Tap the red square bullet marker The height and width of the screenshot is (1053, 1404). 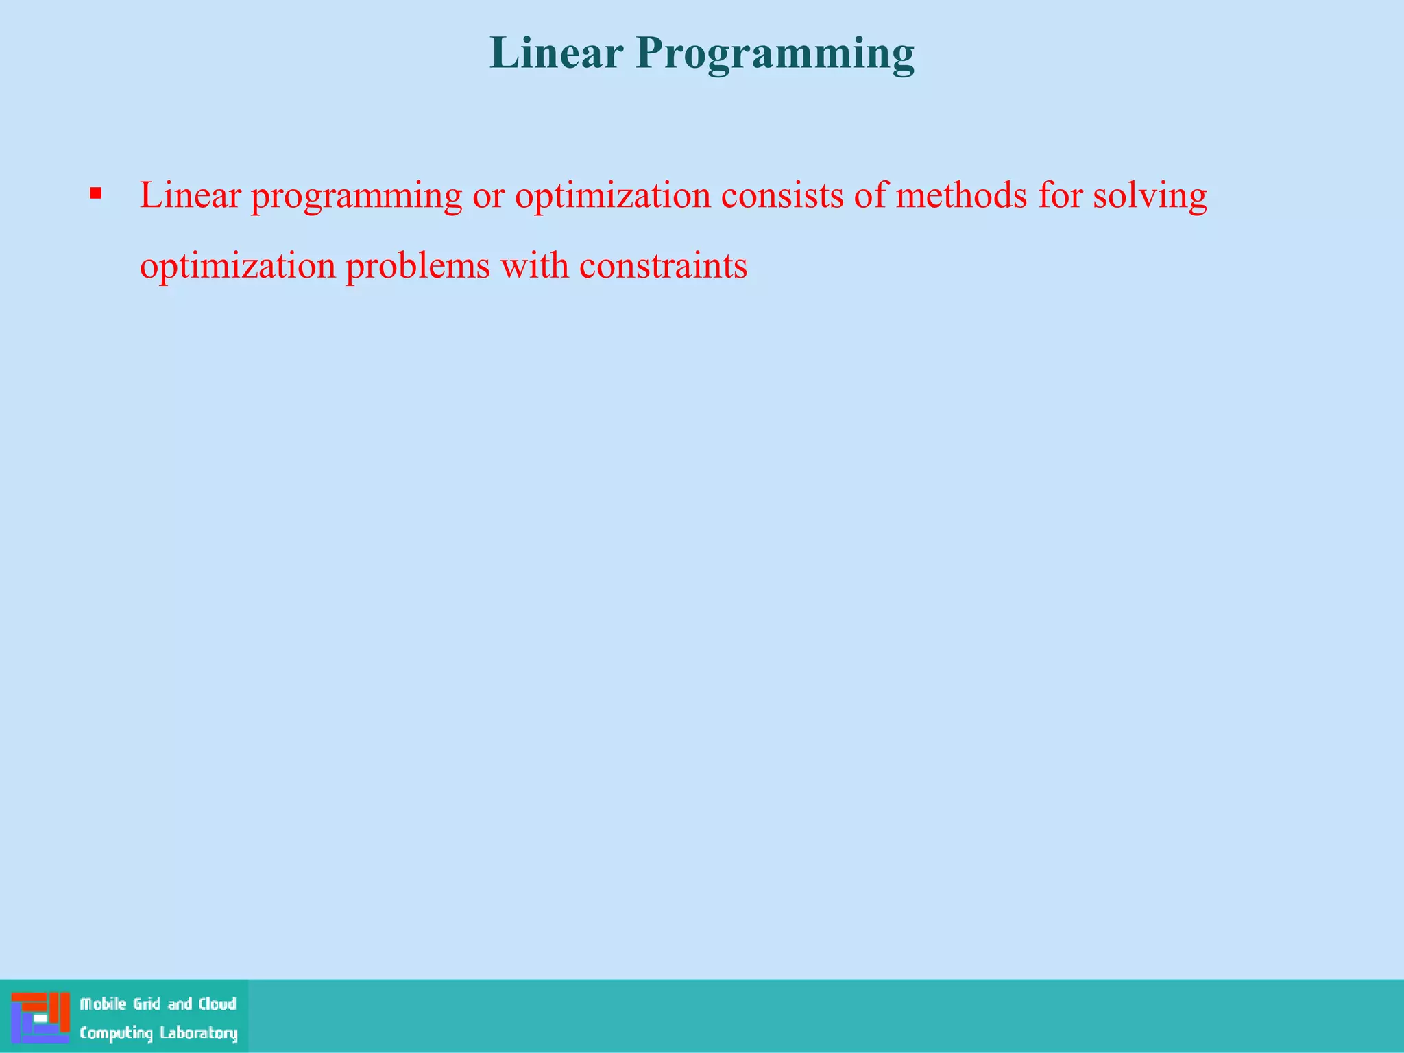[x=96, y=194]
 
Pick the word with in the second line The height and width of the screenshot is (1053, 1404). [x=535, y=266]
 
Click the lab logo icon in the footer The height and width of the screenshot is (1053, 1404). [x=40, y=1017]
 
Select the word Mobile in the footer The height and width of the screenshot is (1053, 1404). [x=103, y=1004]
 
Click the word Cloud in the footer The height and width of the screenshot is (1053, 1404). [x=217, y=1004]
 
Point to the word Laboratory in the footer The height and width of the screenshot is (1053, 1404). [x=198, y=1033]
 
